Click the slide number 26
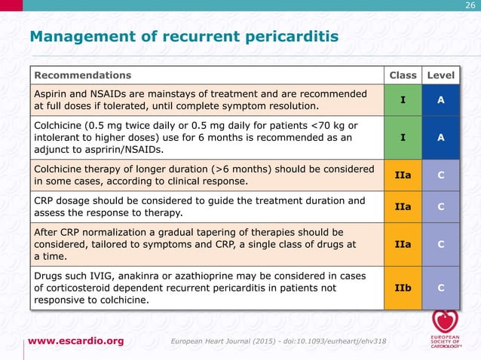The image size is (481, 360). (x=470, y=6)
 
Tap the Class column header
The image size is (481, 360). (x=403, y=75)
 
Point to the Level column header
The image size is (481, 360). (x=440, y=75)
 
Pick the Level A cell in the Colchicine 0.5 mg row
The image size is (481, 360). (x=440, y=138)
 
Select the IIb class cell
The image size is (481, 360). (x=403, y=288)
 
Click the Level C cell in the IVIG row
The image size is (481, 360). (x=440, y=288)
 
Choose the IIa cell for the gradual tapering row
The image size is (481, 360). (x=403, y=244)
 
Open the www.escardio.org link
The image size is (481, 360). (x=76, y=341)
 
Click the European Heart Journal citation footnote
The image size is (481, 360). (x=280, y=342)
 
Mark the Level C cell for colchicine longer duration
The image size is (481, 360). (x=440, y=175)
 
